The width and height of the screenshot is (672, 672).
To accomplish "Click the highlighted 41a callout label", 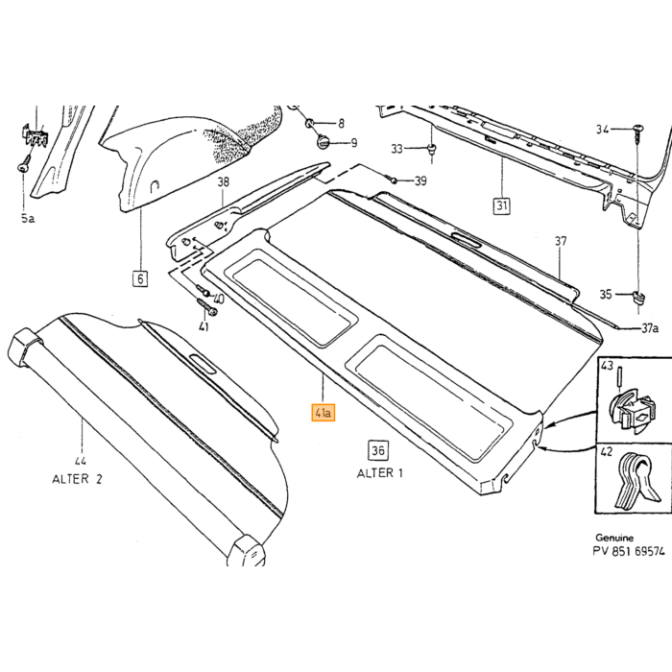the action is click(x=324, y=413).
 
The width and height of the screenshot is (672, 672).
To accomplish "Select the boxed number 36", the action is click(x=377, y=450).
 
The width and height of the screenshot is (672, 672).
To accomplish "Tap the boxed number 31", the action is click(x=502, y=205).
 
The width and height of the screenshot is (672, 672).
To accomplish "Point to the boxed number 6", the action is click(x=140, y=278).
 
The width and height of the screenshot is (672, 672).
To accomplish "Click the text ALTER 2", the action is click(x=77, y=478).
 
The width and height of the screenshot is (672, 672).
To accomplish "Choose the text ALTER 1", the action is click(x=380, y=473).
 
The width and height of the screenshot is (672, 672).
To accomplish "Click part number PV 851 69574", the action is click(x=629, y=551).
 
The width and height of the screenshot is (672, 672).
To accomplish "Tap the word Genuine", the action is click(x=614, y=538).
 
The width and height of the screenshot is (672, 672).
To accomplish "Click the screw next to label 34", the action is click(x=637, y=132).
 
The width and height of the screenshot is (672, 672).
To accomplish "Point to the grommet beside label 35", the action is click(x=638, y=297).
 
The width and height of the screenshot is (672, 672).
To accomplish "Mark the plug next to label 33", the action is click(x=432, y=150).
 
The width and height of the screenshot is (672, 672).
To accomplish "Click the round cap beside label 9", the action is click(x=324, y=141).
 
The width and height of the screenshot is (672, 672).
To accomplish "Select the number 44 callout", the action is click(x=80, y=461).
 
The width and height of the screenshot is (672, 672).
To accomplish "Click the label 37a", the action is click(x=649, y=328).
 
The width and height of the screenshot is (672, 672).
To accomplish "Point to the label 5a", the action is click(x=28, y=219).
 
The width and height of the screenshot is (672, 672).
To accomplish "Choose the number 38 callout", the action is click(x=224, y=182).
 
